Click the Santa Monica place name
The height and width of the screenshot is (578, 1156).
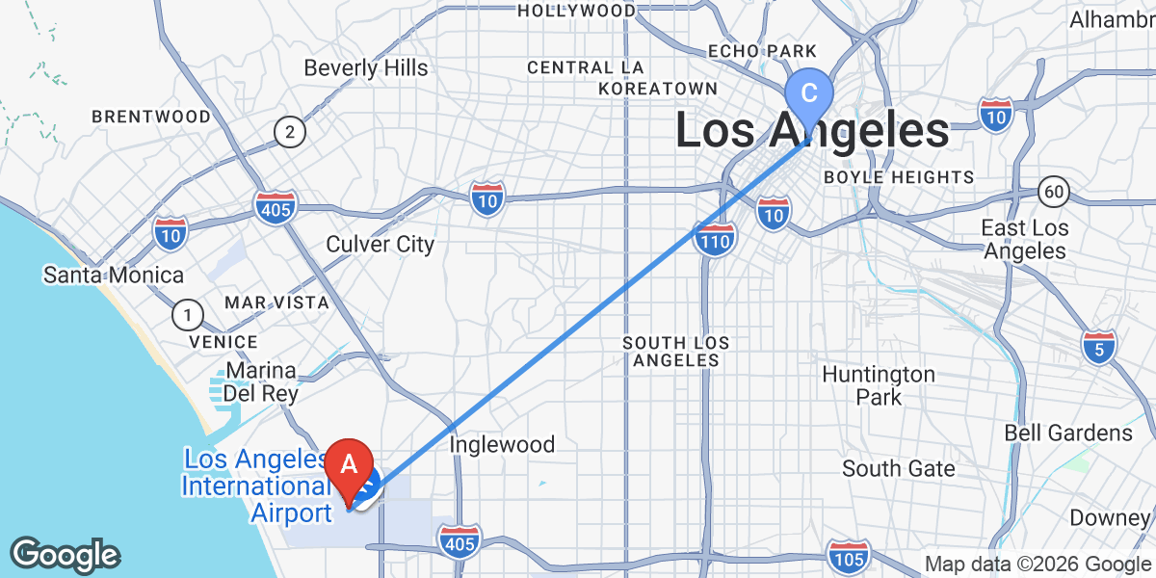[113, 276]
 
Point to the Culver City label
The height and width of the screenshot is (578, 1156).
[380, 245]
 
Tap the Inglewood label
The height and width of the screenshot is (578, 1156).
[503, 444]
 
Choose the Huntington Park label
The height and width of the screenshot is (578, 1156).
[878, 385]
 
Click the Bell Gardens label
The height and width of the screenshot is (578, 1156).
[1068, 433]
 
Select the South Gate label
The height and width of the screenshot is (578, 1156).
[898, 469]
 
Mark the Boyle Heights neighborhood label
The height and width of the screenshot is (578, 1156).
[898, 177]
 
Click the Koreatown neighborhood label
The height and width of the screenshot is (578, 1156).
[657, 89]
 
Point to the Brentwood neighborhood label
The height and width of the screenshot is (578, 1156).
[151, 117]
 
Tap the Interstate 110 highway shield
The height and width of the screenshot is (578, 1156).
[714, 238]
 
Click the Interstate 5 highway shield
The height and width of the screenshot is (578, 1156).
[1099, 348]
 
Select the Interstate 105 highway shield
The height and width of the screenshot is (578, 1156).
[848, 557]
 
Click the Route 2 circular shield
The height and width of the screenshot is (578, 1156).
[288, 132]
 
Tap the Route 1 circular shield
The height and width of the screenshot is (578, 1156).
[187, 314]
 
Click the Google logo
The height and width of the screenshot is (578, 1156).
[65, 556]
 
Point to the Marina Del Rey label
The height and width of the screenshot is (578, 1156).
[261, 382]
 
